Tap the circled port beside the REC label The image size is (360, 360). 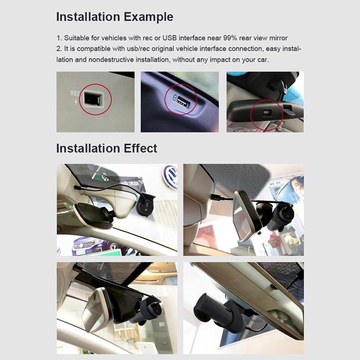(x=92, y=99)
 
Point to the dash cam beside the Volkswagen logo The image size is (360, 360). (x=145, y=205)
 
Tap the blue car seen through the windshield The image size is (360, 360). (x=88, y=245)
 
